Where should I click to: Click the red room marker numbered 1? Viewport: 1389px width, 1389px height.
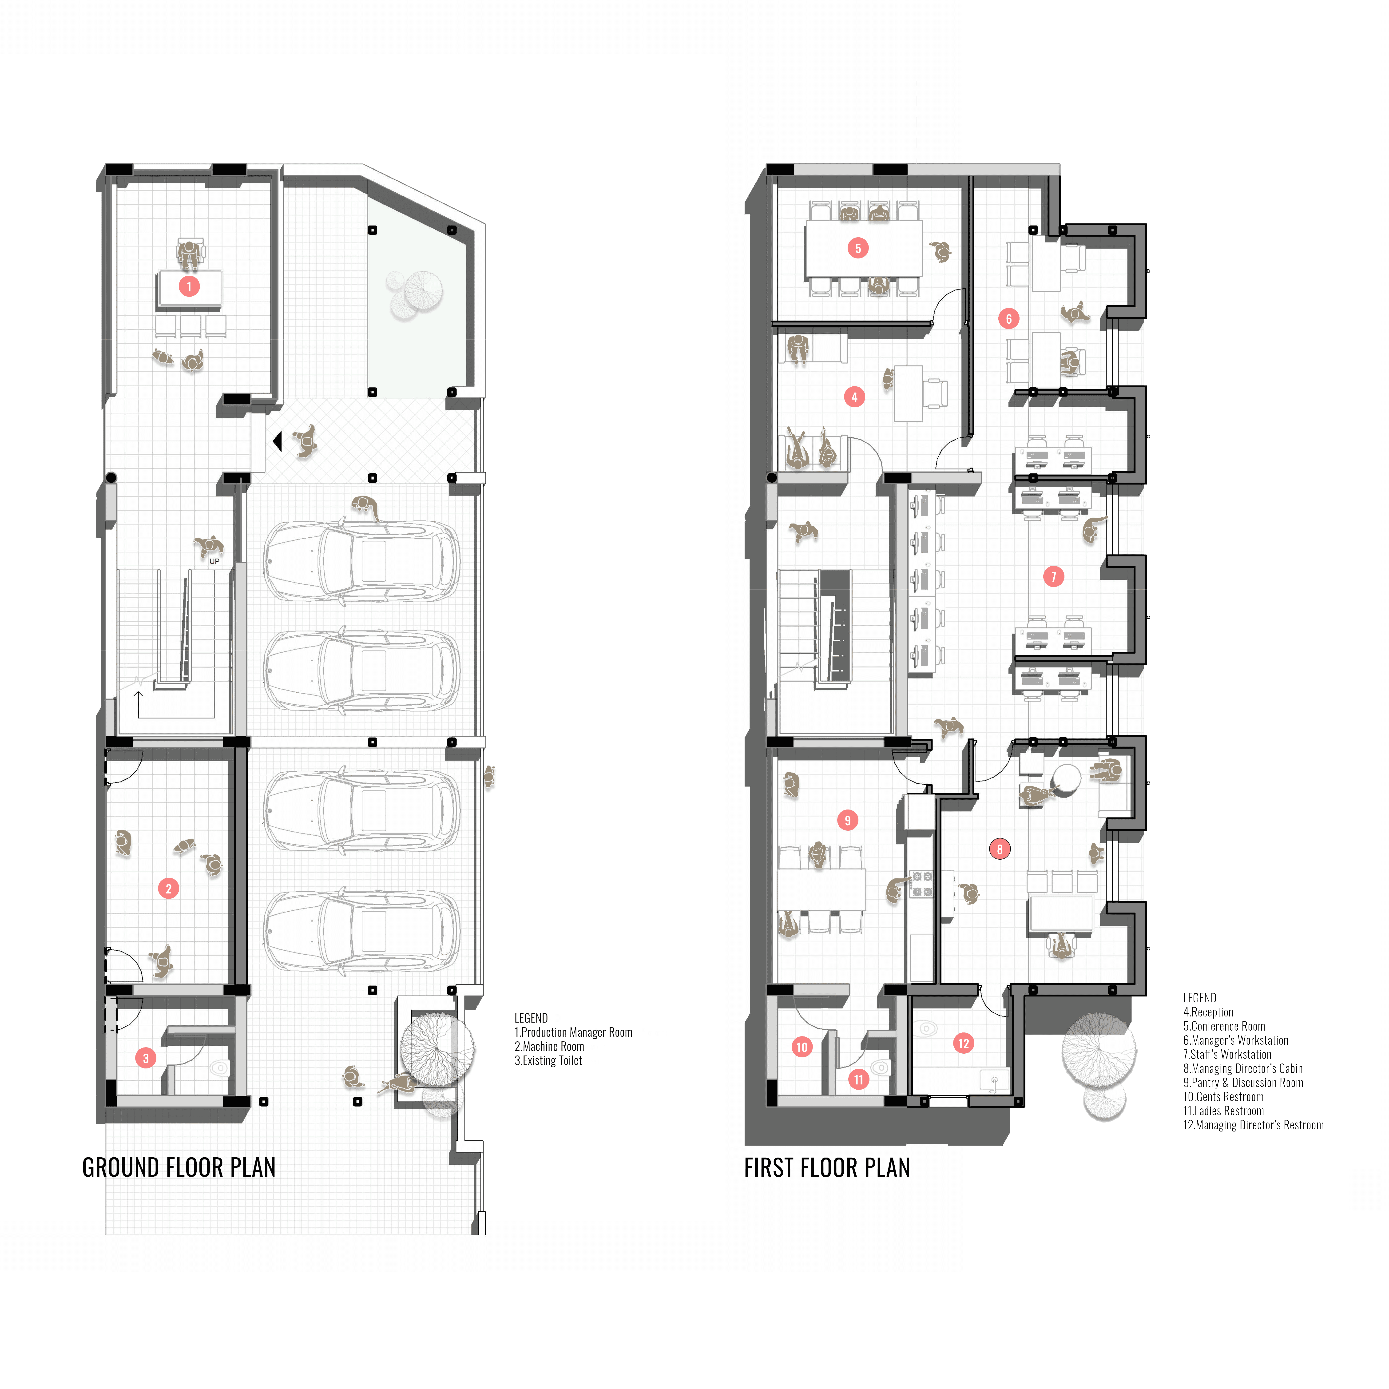click(x=189, y=286)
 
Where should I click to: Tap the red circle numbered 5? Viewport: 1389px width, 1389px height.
click(x=858, y=248)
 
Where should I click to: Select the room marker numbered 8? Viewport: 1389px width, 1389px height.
click(x=999, y=849)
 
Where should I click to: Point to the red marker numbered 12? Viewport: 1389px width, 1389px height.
click(x=963, y=1043)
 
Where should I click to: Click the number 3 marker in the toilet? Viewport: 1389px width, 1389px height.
click(x=146, y=1058)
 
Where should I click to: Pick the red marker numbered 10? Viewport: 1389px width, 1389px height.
click(x=802, y=1047)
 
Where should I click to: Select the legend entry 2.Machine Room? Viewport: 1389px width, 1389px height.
click(x=549, y=1046)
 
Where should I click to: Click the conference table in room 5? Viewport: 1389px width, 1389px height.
click(x=863, y=248)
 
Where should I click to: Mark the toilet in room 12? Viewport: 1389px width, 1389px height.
click(x=927, y=1028)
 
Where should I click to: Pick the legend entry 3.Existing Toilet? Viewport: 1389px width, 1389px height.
click(x=548, y=1060)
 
